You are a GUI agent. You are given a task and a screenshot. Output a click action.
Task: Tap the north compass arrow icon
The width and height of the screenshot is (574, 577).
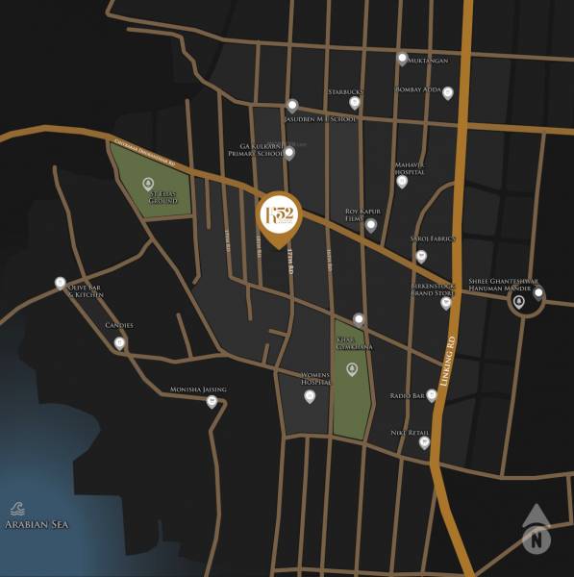coord(535,531)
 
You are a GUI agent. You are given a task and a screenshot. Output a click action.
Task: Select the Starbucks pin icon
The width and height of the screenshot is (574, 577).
coord(355,103)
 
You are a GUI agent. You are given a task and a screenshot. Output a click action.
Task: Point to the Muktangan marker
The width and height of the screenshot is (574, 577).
coord(403,58)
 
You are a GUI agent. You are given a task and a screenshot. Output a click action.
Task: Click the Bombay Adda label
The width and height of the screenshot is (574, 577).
coord(417,90)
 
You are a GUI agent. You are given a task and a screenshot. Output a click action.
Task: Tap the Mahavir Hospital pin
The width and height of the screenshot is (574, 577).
coord(402,181)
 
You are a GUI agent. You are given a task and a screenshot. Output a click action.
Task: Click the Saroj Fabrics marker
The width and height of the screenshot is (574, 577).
coord(420,257)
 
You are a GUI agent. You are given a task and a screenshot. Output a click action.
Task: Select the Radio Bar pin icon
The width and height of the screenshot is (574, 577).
coord(432,395)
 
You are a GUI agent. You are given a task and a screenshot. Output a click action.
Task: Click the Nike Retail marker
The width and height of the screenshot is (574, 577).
coord(424,442)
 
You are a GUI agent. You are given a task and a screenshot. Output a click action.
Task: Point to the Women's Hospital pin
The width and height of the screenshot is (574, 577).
coord(310,395)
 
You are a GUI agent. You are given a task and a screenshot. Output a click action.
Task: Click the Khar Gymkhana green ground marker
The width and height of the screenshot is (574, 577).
coord(351,369)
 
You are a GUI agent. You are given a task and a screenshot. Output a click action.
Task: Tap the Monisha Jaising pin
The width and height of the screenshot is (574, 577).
coord(212,402)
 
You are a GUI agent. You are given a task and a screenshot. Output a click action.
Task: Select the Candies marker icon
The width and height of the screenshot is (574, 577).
coord(119,342)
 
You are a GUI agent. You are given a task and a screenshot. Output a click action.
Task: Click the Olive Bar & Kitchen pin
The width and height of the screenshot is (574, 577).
coord(61,283)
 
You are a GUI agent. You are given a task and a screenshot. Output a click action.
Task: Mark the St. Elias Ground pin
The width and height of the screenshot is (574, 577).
coord(148,183)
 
